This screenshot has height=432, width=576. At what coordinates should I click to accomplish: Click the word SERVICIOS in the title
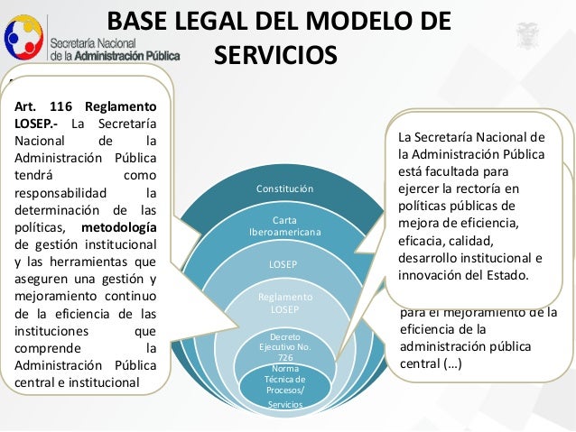(275, 53)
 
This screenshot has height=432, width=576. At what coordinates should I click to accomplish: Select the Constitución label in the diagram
(284, 189)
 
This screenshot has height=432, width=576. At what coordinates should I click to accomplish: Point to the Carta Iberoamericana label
(284, 225)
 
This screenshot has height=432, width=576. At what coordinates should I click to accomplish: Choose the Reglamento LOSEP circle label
(284, 302)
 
